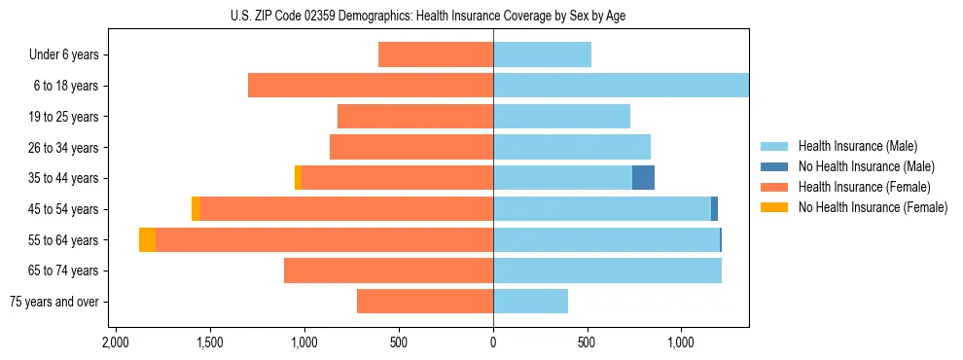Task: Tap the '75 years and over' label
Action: pyautogui.click(x=54, y=302)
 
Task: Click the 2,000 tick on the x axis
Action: pyautogui.click(x=115, y=343)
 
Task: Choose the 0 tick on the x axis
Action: pyautogui.click(x=493, y=343)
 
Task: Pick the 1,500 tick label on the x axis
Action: pyautogui.click(x=209, y=343)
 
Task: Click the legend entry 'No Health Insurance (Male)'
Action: pyautogui.click(x=866, y=166)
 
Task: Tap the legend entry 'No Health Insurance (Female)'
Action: pyautogui.click(x=872, y=207)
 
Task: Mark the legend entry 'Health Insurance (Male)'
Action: pyautogui.click(x=857, y=146)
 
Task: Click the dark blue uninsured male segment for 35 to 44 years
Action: pyautogui.click(x=643, y=178)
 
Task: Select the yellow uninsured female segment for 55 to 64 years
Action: pyautogui.click(x=147, y=239)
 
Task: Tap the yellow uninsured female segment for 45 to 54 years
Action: pyautogui.click(x=196, y=209)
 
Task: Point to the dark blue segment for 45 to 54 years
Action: pyautogui.click(x=714, y=209)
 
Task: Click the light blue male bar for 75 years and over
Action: pyautogui.click(x=530, y=302)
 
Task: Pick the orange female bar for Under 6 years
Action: pyautogui.click(x=436, y=54)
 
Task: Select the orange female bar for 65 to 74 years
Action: pyautogui.click(x=389, y=270)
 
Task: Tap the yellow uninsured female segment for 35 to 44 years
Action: pyautogui.click(x=298, y=178)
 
